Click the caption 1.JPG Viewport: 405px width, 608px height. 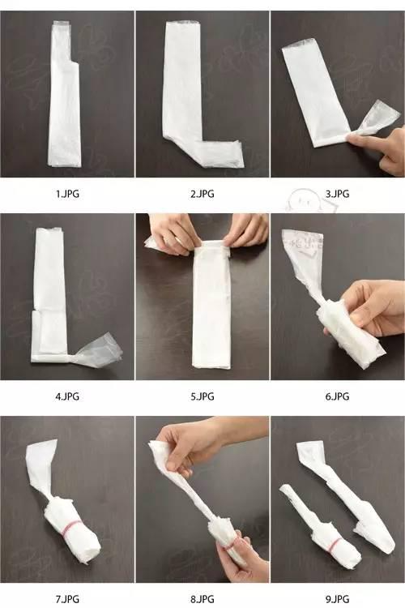coord(67,194)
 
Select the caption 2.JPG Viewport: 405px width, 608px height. coord(202,194)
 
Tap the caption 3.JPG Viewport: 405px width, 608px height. coord(337,194)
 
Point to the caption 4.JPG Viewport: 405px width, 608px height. coord(67,396)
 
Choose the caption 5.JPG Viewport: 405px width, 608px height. coord(202,396)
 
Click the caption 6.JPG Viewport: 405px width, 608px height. coord(337,396)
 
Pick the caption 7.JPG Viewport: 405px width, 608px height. coord(67,599)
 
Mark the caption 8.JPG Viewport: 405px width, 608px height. coord(202,599)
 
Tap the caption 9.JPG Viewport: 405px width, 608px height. coord(337,599)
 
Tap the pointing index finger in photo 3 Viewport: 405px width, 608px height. coord(365,139)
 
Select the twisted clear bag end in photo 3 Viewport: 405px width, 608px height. coord(374,120)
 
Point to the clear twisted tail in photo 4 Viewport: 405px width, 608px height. coord(98,352)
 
